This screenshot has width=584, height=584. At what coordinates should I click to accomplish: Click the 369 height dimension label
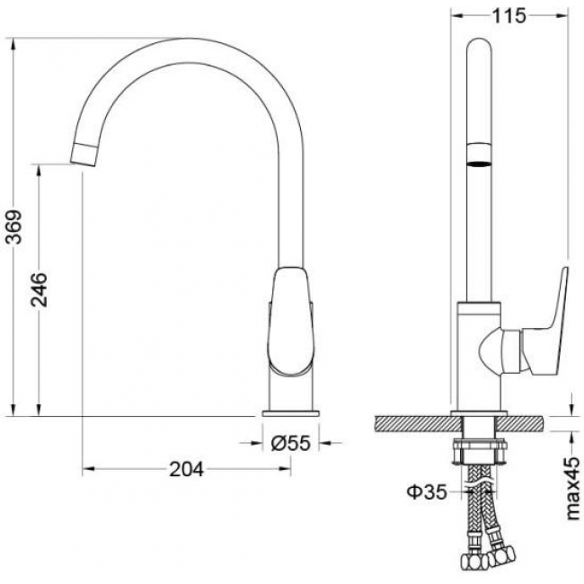coord(14,226)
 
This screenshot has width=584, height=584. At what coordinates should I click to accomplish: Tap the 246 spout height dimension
coord(40,290)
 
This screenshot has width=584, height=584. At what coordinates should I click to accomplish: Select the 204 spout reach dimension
coord(187,469)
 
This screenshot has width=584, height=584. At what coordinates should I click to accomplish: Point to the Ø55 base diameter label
coord(290,443)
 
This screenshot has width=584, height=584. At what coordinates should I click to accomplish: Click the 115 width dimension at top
coord(509,16)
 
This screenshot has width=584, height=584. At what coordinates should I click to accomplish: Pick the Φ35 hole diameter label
coord(427,492)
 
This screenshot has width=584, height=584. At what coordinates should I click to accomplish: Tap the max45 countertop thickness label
coord(573,488)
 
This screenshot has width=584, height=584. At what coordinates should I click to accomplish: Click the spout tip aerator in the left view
coord(84,154)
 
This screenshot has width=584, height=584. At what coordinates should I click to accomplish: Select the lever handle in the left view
coord(291,321)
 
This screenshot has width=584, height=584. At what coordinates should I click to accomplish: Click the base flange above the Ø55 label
coord(291,413)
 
